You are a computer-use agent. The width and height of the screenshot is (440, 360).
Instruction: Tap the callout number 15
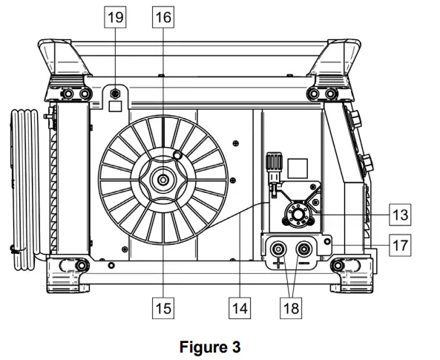point(162,305)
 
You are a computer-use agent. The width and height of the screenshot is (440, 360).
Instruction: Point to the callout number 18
point(292,305)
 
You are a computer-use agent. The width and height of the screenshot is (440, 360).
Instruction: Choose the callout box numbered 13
point(401,215)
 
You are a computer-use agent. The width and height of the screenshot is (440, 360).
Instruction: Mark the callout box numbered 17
point(401,244)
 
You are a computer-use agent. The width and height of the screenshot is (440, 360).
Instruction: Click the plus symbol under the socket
point(279,264)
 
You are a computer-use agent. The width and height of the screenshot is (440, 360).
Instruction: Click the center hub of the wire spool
point(162,178)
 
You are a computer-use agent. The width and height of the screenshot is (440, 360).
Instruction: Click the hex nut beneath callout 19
point(115,94)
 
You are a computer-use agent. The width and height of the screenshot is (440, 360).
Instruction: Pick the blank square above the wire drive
point(297,166)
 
